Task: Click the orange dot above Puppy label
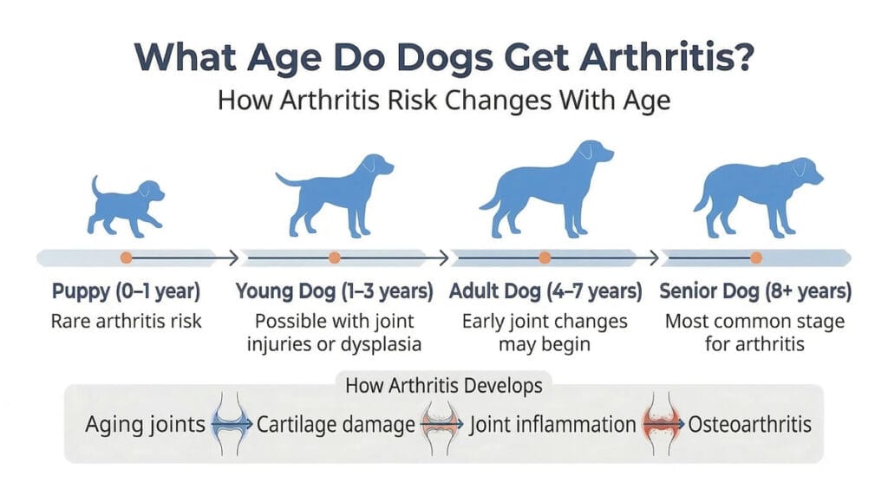click(127, 258)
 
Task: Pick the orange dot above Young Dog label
click(334, 258)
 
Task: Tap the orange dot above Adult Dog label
click(545, 258)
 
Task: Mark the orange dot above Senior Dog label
click(756, 258)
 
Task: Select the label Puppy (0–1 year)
click(127, 291)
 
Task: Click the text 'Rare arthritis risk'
click(127, 321)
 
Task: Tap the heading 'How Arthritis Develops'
click(443, 386)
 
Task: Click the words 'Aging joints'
click(146, 425)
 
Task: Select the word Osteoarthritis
click(750, 425)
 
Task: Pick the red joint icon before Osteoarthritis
click(664, 425)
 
